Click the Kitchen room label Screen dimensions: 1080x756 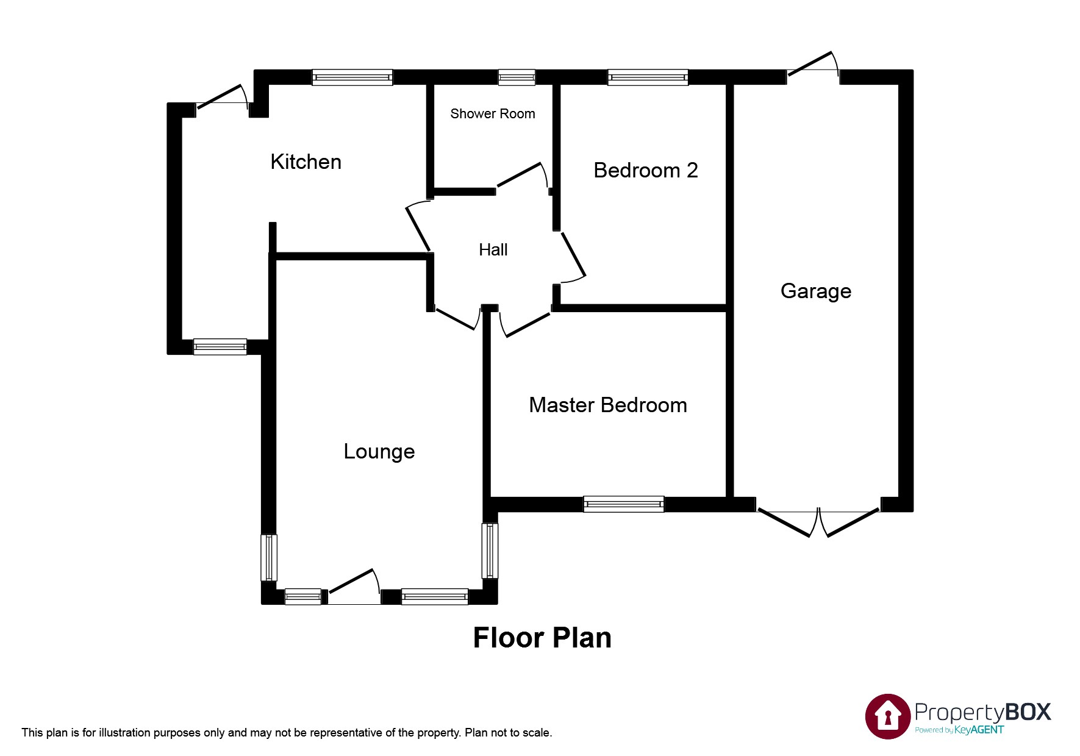point(306,162)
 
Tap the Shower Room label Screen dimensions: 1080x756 point(493,113)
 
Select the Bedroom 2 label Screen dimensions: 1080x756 point(646,170)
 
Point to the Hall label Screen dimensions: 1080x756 point(493,249)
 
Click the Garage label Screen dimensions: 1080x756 point(816,291)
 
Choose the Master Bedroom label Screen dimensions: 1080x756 point(608,405)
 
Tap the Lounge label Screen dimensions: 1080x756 point(379,452)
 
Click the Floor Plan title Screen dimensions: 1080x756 point(542,638)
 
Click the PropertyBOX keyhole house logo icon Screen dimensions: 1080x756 point(888,716)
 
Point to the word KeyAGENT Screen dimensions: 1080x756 point(979,730)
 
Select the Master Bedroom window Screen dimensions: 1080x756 point(623,504)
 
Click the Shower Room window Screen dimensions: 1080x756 point(517,77)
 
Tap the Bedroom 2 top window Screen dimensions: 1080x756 point(648,77)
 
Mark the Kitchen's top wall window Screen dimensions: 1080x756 point(352,77)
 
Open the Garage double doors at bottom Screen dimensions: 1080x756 point(818,522)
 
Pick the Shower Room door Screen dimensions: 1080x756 point(523,176)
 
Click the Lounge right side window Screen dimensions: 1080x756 point(490,551)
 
